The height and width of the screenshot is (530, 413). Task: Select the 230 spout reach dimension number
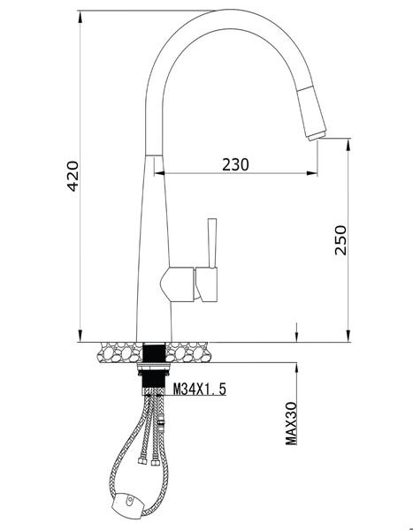coord(234,164)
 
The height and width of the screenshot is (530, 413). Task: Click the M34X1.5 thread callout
coord(199,387)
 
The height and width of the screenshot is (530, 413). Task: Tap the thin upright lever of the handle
coord(211,243)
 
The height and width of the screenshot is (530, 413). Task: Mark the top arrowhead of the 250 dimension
coord(343,142)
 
